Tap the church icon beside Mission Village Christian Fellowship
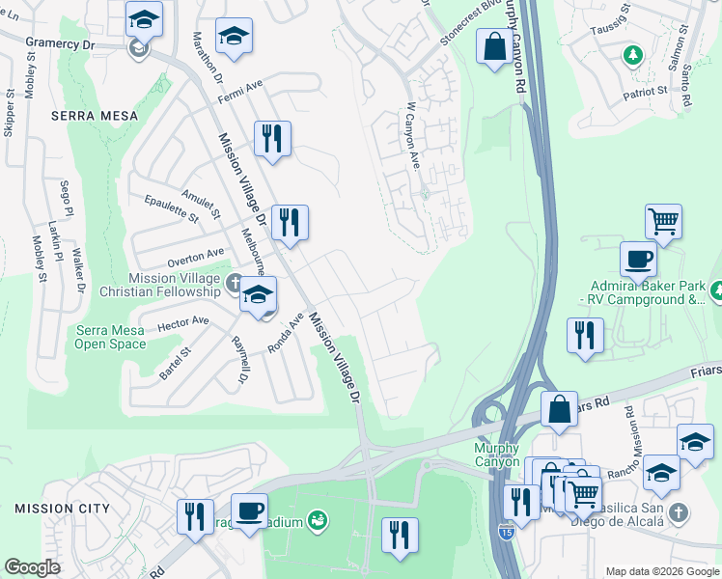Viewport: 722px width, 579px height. [x=234, y=284]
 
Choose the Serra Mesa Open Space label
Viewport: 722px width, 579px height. [x=110, y=337]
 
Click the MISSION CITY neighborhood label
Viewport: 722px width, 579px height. [x=55, y=508]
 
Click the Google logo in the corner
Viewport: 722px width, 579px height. [x=32, y=566]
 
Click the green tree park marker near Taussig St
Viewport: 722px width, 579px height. [x=633, y=55]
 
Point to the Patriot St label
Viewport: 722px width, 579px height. [x=646, y=91]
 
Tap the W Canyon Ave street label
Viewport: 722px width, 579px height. [x=411, y=135]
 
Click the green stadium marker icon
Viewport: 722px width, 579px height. [x=318, y=522]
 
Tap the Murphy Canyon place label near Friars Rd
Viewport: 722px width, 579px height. [x=497, y=455]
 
